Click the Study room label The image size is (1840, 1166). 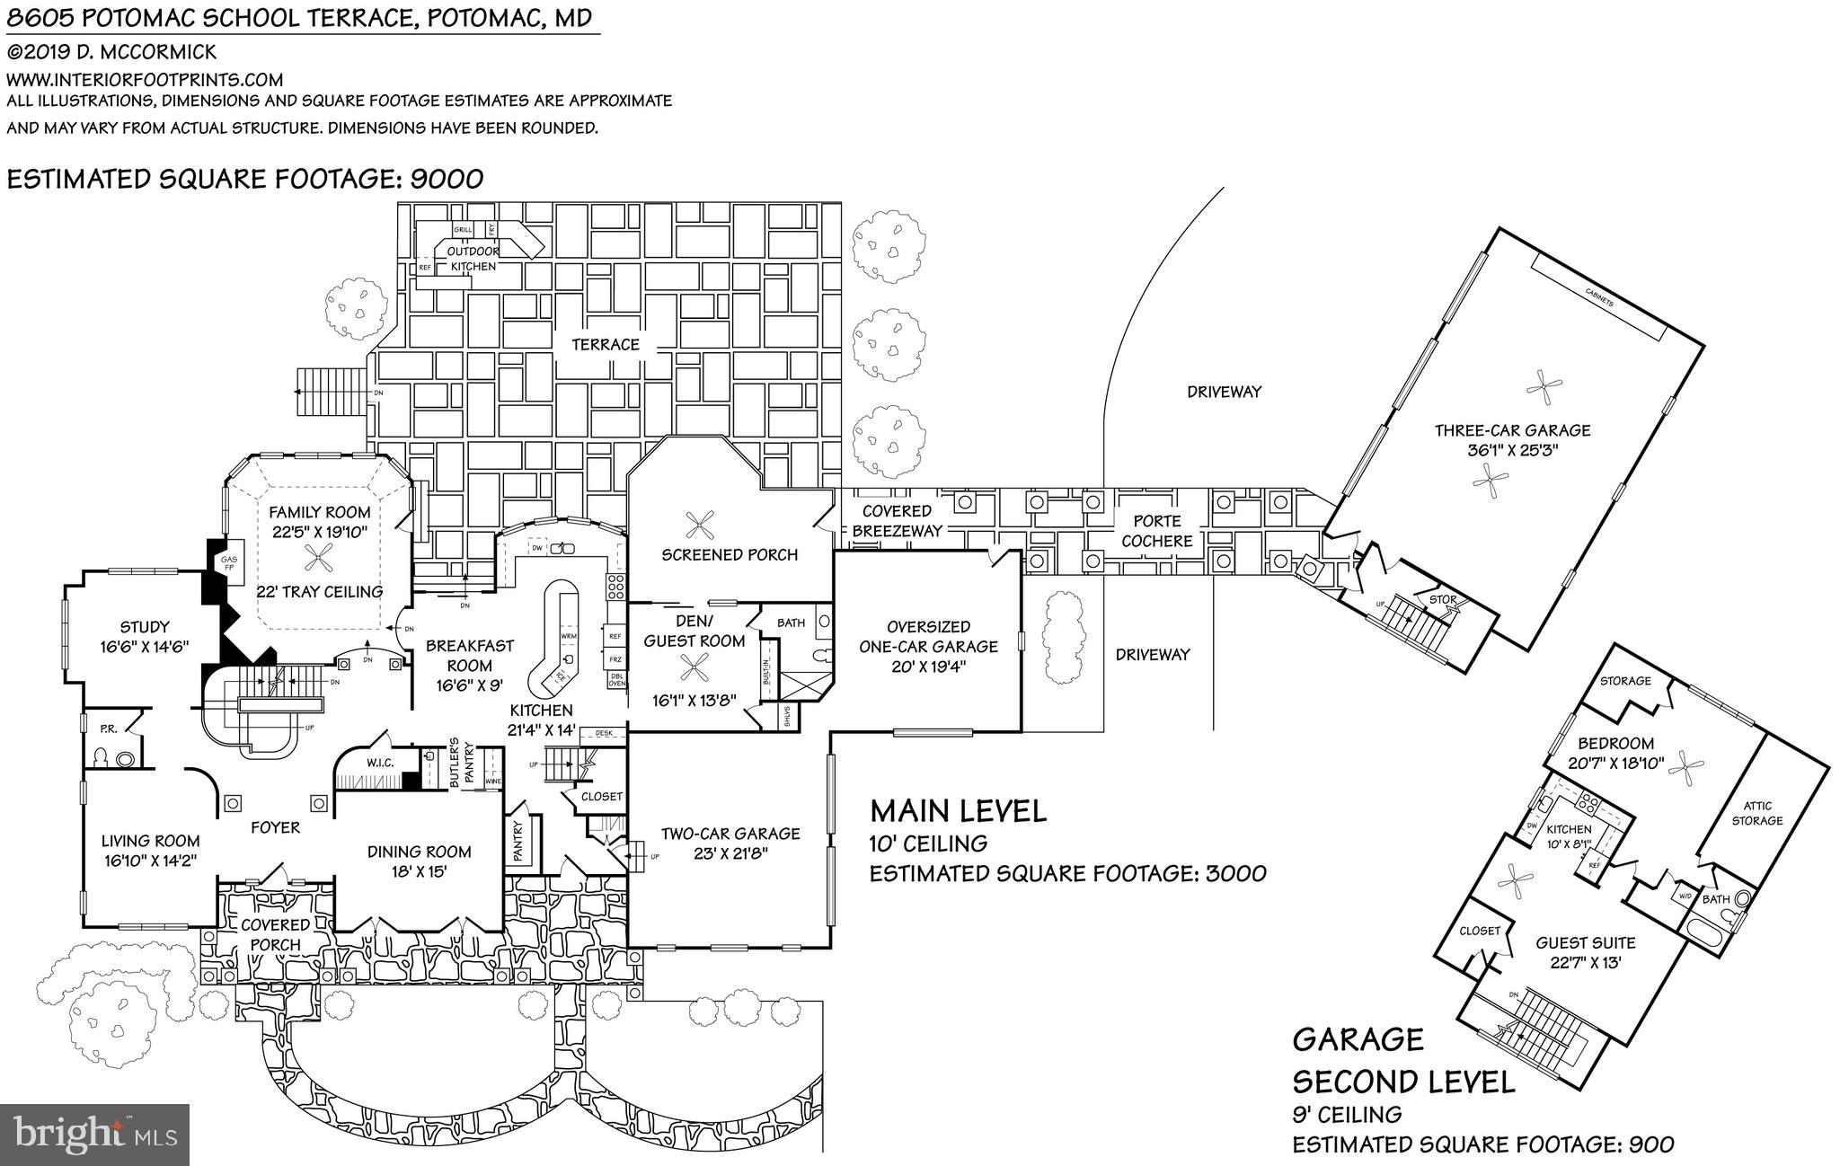tap(145, 627)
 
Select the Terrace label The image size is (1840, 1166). tap(606, 344)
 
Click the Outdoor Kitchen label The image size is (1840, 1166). tap(473, 259)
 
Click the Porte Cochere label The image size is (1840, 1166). tap(1157, 531)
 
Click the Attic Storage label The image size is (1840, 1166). tap(1756, 813)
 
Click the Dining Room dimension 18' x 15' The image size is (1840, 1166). tap(420, 871)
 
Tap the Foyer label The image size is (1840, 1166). tap(275, 827)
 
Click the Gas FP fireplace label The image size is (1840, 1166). tap(229, 562)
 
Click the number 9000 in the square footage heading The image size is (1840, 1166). tap(447, 179)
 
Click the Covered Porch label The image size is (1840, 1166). tap(276, 934)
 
